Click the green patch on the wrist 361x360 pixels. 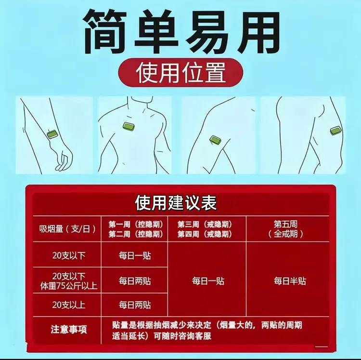pos(53,134)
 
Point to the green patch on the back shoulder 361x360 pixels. pos(335,131)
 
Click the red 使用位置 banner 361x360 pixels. pos(180,72)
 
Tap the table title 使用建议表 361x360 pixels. pos(176,203)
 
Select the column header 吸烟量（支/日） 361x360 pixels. pos(67,229)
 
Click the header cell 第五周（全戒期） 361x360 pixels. pos(285,229)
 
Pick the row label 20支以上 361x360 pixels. pos(69,305)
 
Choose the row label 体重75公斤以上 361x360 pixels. pos(69,286)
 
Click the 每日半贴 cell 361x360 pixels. pos(290,281)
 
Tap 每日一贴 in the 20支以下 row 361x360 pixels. pos(135,255)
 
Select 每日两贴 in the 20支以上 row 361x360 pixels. pos(135,305)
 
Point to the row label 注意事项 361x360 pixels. pos(69,329)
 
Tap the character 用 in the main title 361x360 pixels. pos(257,32)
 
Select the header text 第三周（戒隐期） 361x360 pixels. pos(205,224)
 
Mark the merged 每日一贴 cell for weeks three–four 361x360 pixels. pos(208,281)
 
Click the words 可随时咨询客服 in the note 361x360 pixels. pos(182,336)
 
